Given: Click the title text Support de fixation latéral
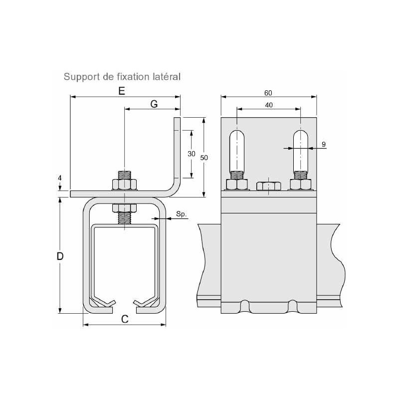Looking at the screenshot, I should tap(122, 77).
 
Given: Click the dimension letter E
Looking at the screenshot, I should tap(121, 91).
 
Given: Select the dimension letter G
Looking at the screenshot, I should tap(154, 104).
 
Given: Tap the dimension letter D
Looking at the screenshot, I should tap(60, 256).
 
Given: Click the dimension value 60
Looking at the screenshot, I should tap(268, 93).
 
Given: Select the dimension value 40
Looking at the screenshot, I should tap(268, 105).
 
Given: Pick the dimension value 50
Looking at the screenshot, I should tap(203, 157).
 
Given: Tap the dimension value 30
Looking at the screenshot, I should tap(191, 154).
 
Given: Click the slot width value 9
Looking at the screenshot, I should tap(323, 145).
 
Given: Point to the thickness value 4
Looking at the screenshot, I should tap(59, 178).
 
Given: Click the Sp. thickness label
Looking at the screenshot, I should tap(182, 215).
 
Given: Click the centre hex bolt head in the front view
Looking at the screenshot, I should tap(268, 186).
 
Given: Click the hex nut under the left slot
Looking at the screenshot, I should tap(237, 184).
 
